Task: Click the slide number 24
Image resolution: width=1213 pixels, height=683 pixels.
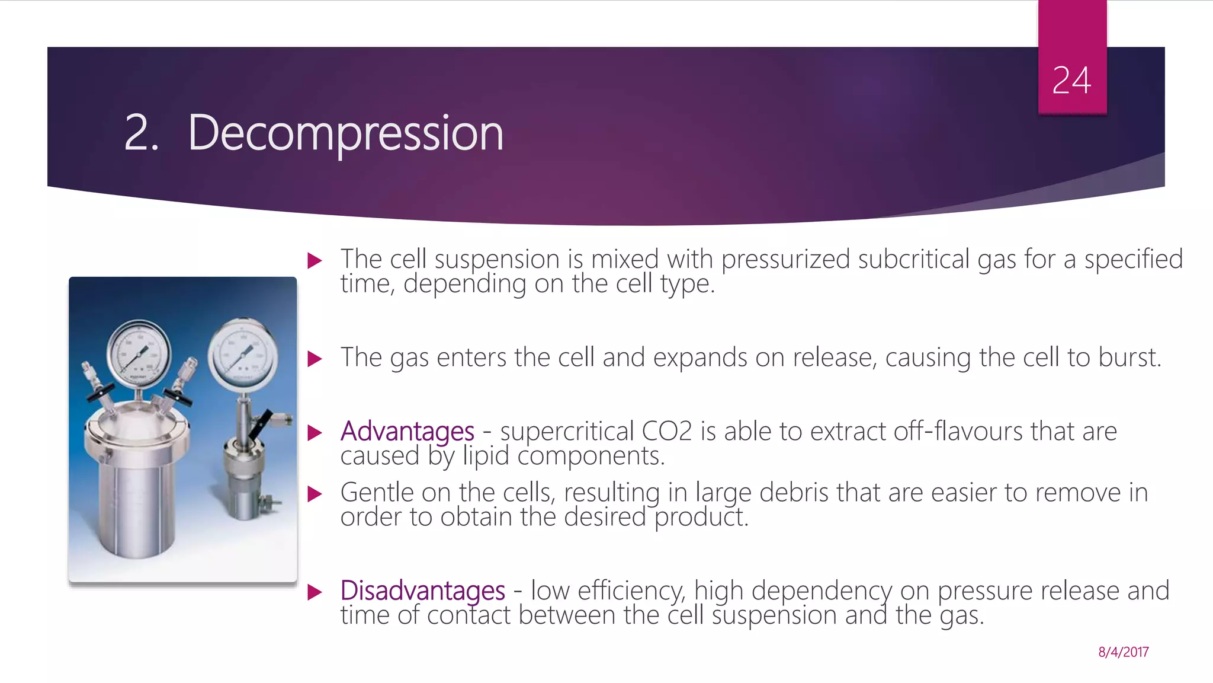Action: tap(1071, 80)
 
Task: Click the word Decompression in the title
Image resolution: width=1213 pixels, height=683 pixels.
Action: tap(345, 133)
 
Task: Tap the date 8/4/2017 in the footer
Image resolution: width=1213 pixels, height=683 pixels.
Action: tap(1123, 652)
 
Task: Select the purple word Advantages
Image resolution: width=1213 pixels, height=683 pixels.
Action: tap(407, 431)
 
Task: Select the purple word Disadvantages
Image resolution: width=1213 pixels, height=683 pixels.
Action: tap(422, 591)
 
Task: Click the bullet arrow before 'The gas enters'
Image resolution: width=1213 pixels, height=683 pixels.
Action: tap(315, 359)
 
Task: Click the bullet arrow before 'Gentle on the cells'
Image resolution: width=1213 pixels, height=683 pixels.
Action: tap(315, 493)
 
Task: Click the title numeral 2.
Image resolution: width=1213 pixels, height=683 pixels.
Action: tap(141, 133)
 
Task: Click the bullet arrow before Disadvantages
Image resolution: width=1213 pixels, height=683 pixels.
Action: tap(315, 592)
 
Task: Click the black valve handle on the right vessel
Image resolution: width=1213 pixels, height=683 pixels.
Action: tap(261, 424)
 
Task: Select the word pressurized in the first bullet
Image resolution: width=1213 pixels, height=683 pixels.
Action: tap(785, 259)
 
